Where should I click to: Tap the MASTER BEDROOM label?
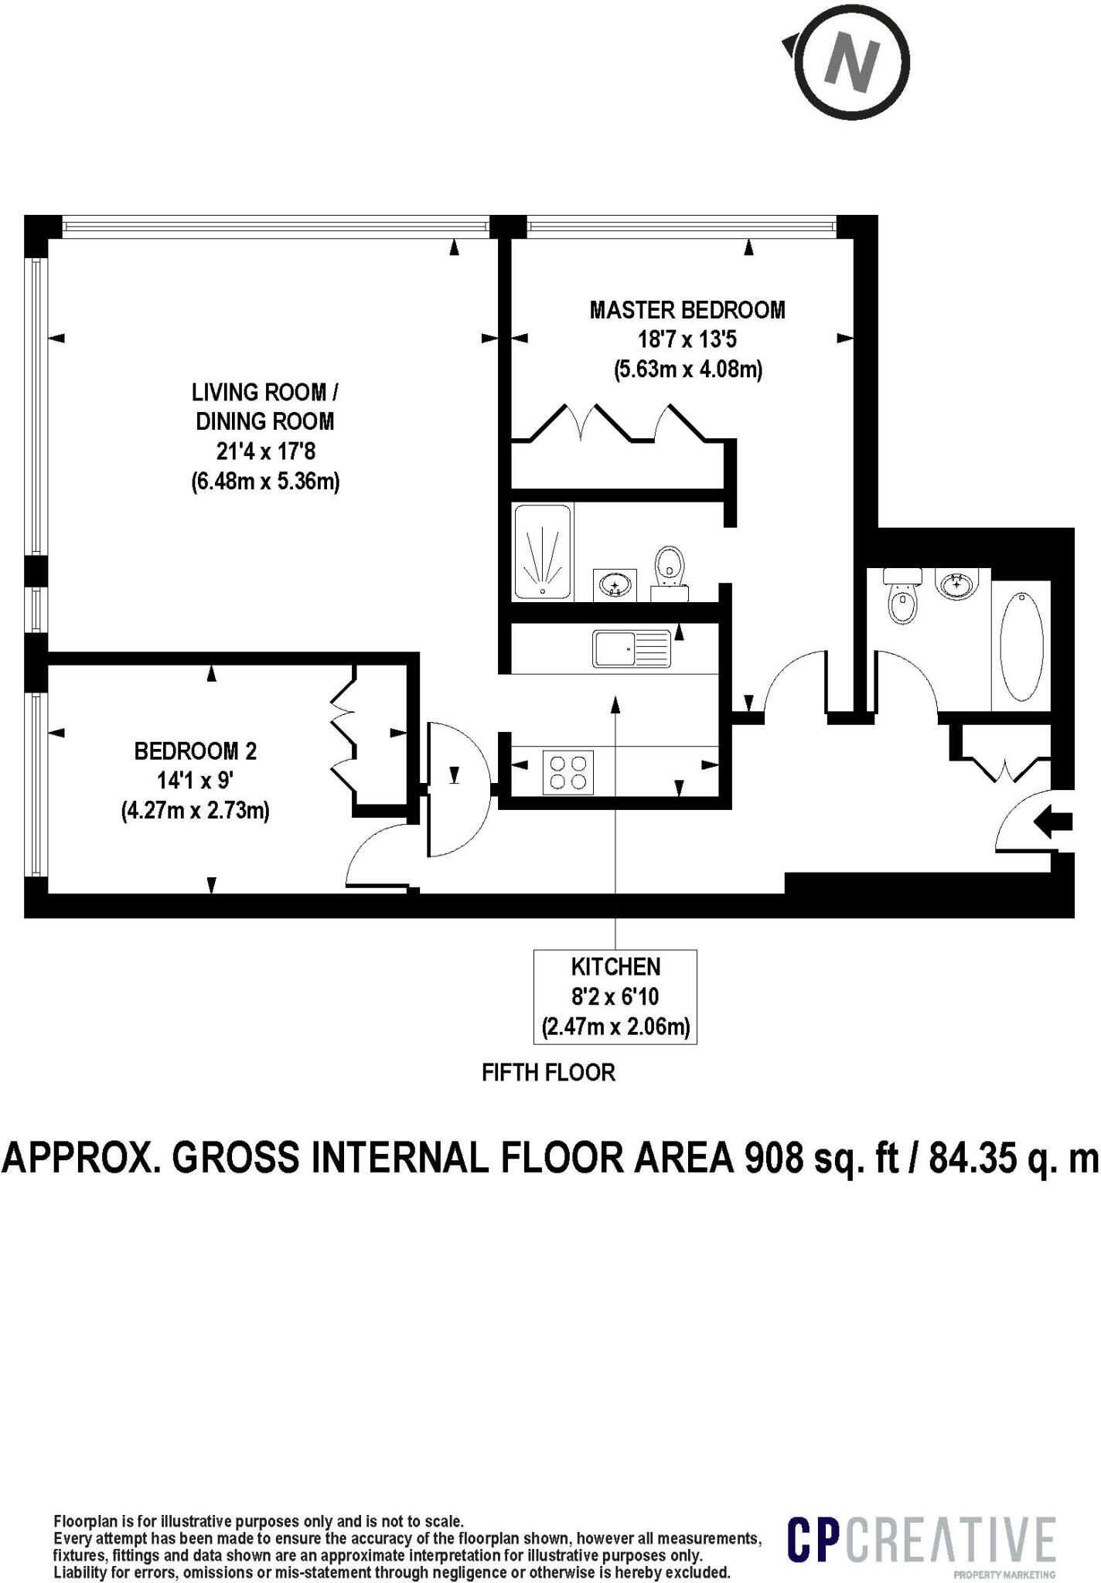[x=687, y=310]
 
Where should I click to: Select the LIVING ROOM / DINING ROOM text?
[x=264, y=407]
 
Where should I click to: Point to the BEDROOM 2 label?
[x=196, y=751]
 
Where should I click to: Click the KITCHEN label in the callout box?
[x=615, y=967]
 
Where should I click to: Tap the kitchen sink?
[x=632, y=649]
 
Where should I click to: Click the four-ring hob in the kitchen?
[x=568, y=771]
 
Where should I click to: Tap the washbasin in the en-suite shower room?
[x=615, y=584]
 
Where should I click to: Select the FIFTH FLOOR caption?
[x=548, y=1073]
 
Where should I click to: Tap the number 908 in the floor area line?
[x=775, y=1158]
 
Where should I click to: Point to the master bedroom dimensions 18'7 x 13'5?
[x=687, y=339]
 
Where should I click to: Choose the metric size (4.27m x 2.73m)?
[x=196, y=811]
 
